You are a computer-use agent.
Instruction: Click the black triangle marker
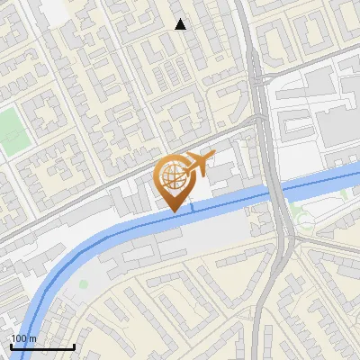click(181, 24)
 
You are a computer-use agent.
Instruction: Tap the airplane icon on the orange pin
click(199, 164)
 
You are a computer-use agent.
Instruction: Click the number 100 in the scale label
click(19, 338)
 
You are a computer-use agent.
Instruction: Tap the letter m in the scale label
click(32, 338)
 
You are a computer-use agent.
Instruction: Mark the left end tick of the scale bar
click(11, 346)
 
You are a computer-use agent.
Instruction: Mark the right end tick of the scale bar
click(75, 346)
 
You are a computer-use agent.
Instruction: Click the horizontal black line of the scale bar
click(42, 347)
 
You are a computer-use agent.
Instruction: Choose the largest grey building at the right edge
click(340, 126)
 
